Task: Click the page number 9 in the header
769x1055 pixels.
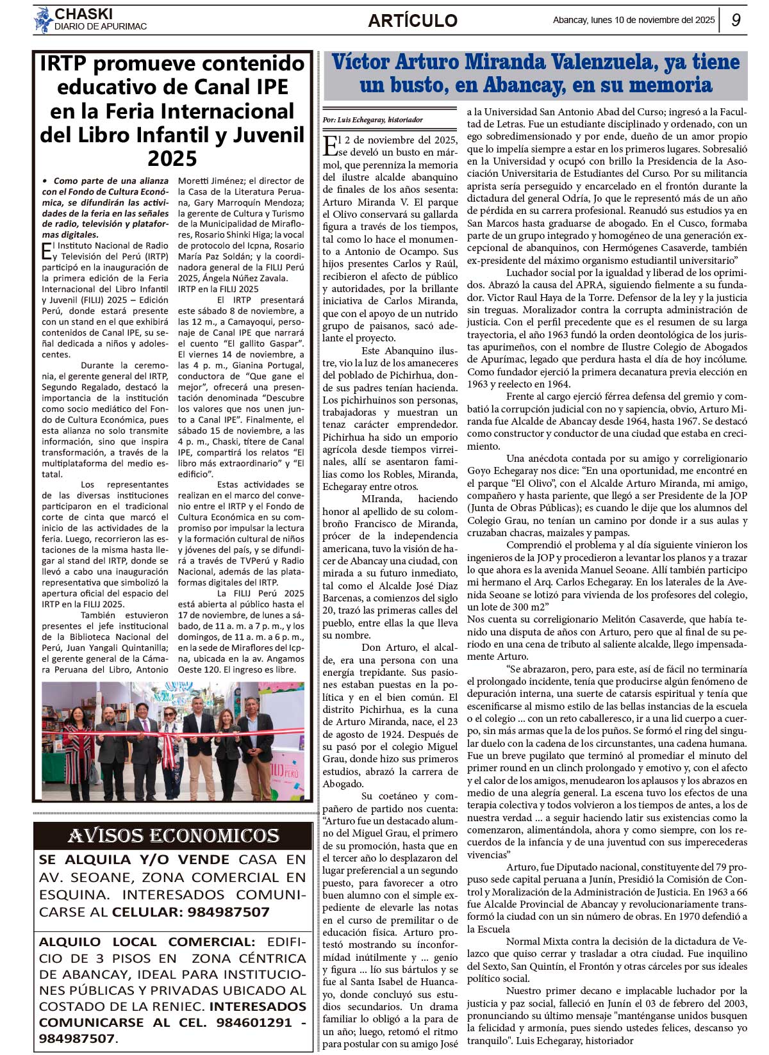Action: (x=736, y=20)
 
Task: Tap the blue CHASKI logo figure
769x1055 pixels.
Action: (x=43, y=20)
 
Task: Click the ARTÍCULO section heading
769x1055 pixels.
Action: (x=413, y=20)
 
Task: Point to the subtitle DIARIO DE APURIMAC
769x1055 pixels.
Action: (x=101, y=27)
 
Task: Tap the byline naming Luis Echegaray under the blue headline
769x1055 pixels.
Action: (x=372, y=120)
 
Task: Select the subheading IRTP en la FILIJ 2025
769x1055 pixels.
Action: (x=219, y=289)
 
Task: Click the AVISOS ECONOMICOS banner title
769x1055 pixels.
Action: (x=173, y=836)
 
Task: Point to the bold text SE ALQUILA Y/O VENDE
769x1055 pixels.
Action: (x=134, y=860)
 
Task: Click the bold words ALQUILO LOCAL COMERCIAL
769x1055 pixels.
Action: (x=147, y=942)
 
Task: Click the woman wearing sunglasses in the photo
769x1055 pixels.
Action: (x=169, y=749)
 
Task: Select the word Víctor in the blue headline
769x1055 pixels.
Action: (x=360, y=62)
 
